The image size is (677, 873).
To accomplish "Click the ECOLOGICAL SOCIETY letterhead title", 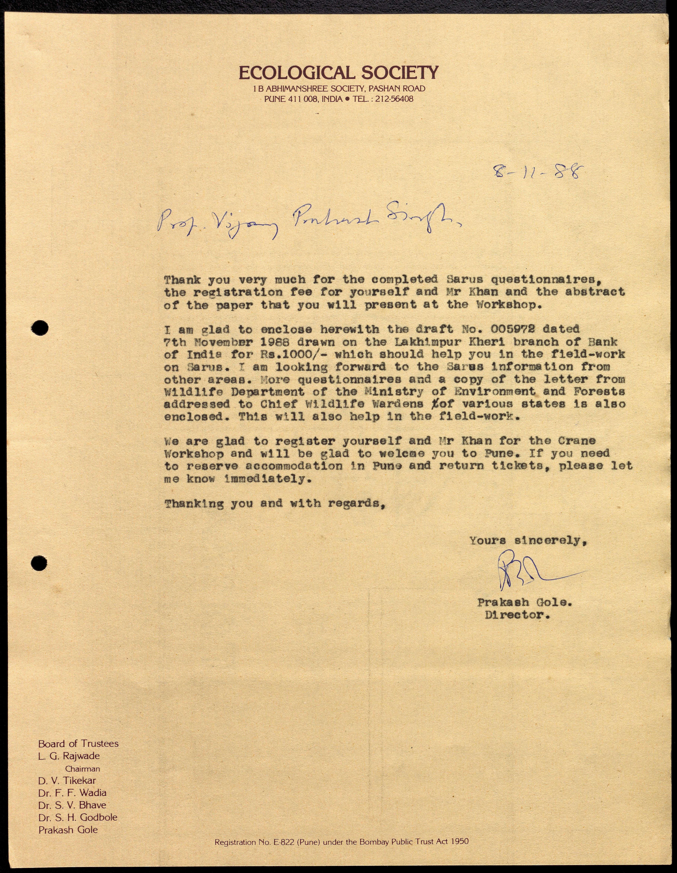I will point(338,73).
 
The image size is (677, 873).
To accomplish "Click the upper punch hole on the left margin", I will point(40,328).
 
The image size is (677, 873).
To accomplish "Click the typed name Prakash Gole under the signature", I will point(524,602).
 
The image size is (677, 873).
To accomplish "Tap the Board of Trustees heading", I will point(78,744).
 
